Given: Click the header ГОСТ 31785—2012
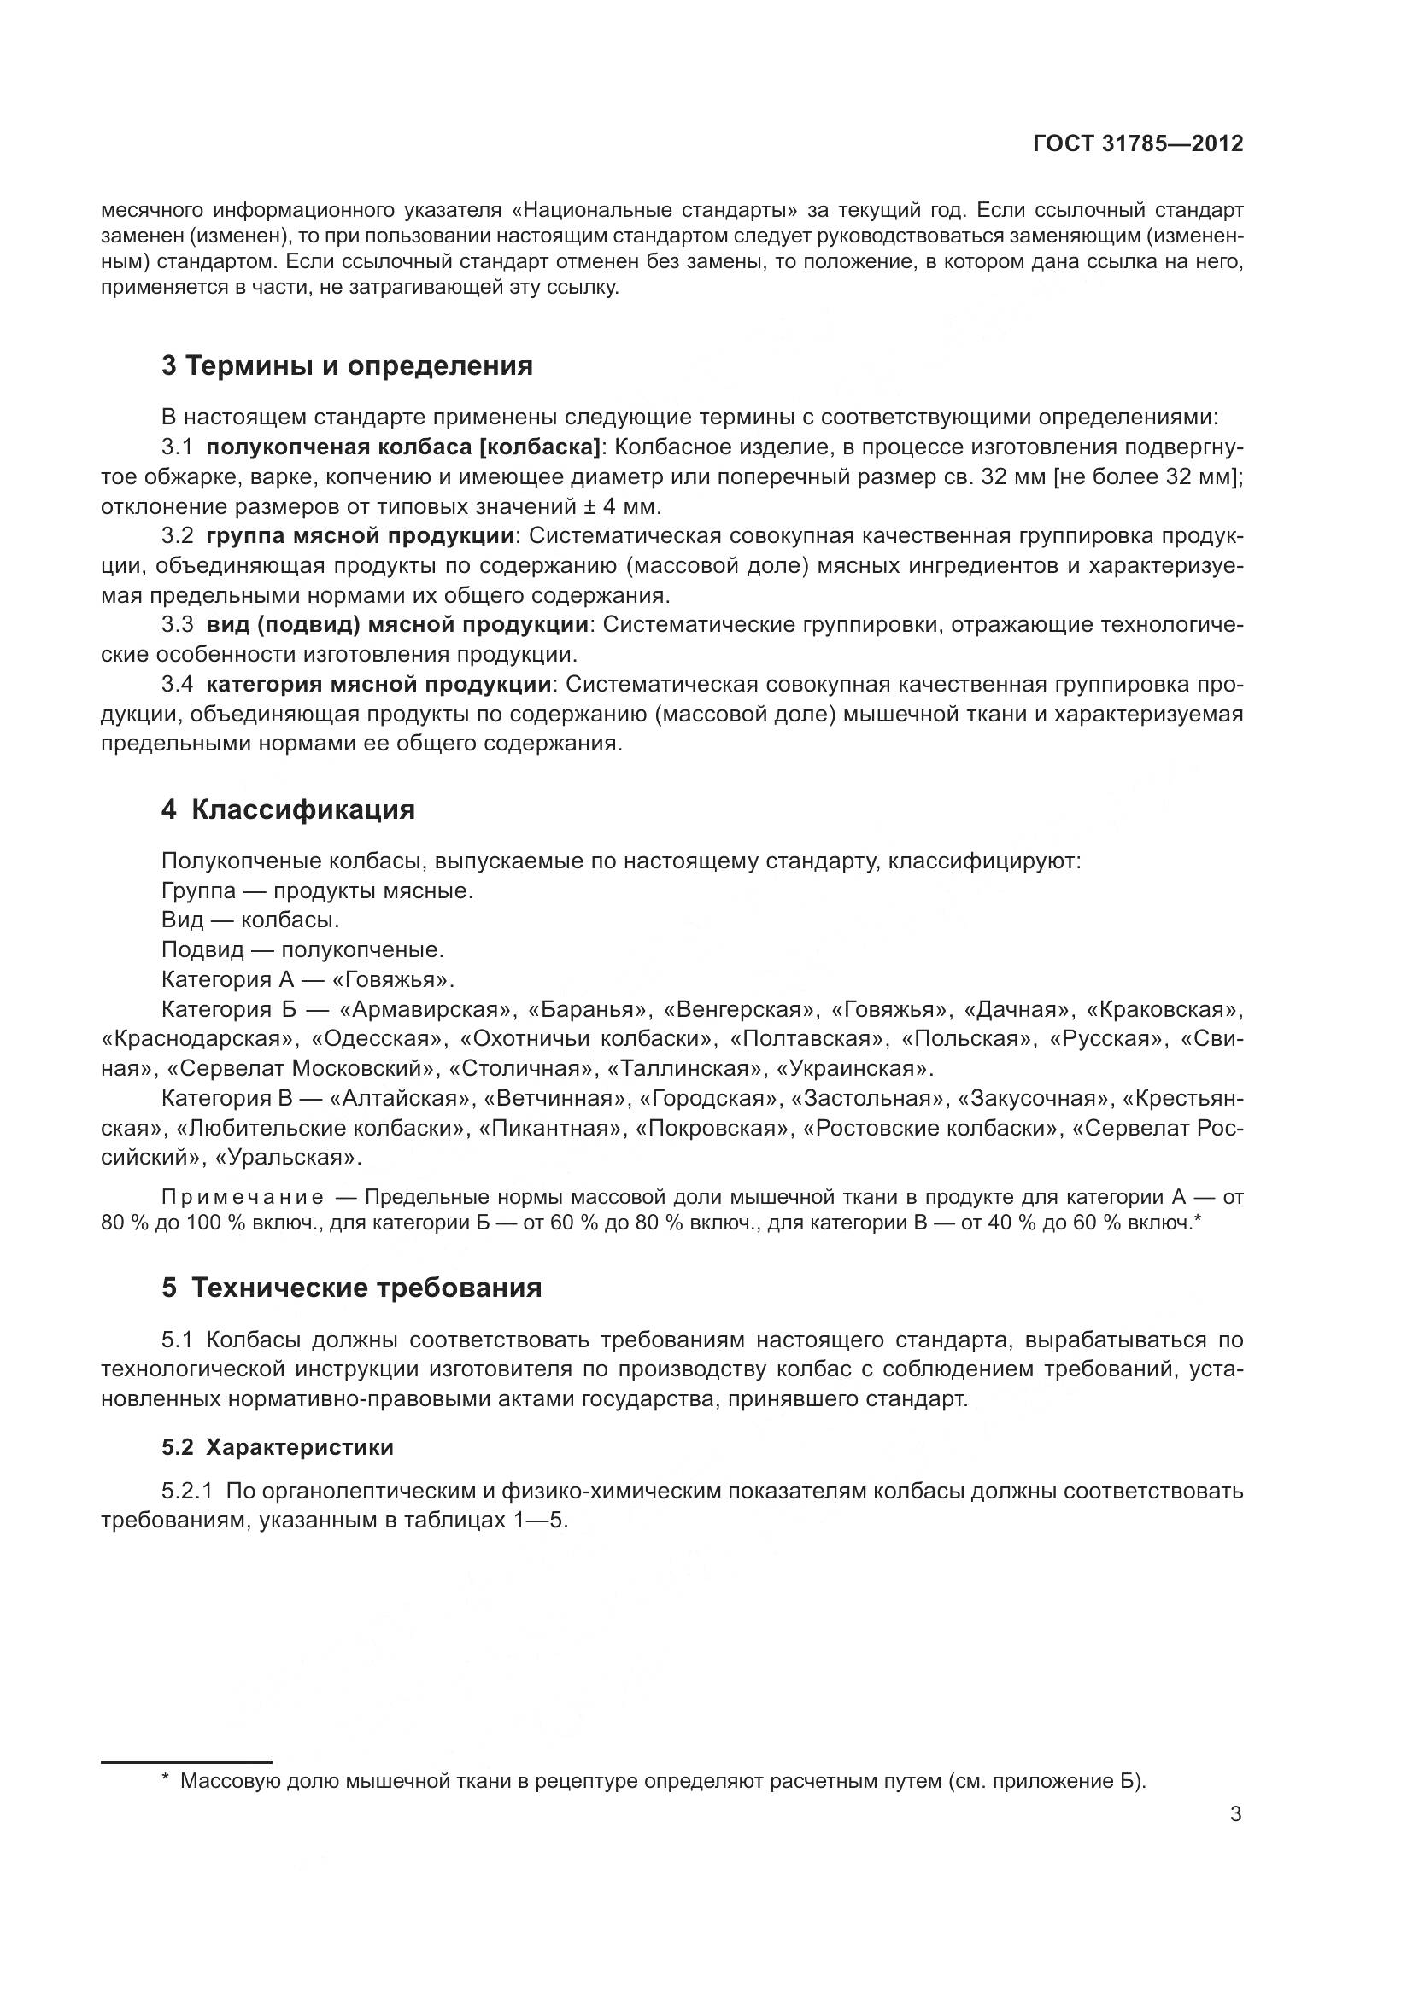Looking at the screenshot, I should pos(1137,143).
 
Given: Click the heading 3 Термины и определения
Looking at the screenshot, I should pos(346,366).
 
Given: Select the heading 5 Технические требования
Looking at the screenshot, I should pos(350,1288).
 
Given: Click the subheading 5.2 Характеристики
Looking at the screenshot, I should pos(277,1447).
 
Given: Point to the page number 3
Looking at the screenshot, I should pos(1235,1814).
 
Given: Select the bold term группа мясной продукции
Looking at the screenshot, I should pos(361,536).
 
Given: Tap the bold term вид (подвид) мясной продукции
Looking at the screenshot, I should pos(397,624).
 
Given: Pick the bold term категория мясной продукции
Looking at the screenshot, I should pos(378,684).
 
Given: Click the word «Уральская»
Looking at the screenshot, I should pos(287,1158).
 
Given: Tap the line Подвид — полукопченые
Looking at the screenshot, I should pos(302,949).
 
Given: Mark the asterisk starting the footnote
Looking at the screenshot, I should pos(166,1781).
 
